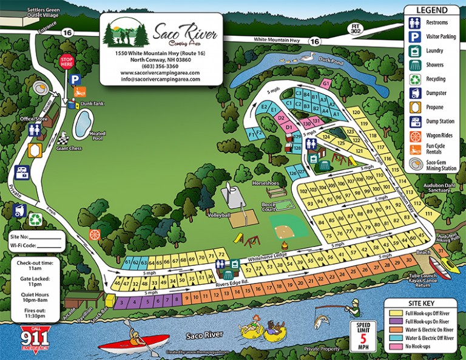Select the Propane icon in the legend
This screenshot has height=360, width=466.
pyautogui.click(x=415, y=107)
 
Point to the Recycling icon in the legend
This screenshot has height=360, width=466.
pyautogui.click(x=415, y=79)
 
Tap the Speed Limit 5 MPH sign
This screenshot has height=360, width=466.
pyautogui.click(x=363, y=335)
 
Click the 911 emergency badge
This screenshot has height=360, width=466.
pyautogui.click(x=35, y=337)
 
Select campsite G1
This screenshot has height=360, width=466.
pyautogui.click(x=326, y=83)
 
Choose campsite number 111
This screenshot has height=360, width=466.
pyautogui.click(x=429, y=214)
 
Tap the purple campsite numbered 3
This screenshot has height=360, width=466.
pyautogui.click(x=122, y=301)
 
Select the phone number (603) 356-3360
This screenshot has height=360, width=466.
pyautogui.click(x=157, y=66)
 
